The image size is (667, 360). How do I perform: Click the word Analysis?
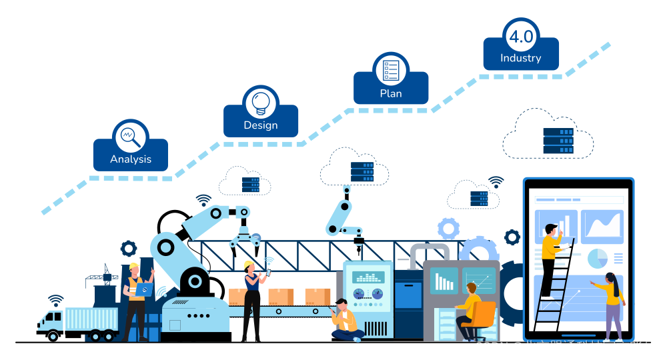click(130, 159)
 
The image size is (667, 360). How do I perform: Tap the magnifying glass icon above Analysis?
click(130, 137)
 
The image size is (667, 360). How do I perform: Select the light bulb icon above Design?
click(260, 103)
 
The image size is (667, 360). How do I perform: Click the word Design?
click(260, 125)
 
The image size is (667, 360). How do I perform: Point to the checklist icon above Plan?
click(391, 70)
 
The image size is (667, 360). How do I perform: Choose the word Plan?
click(391, 93)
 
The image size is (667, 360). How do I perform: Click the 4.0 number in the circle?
click(521, 37)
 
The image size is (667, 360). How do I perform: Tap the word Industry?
click(521, 58)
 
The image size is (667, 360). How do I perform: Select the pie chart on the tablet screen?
click(598, 258)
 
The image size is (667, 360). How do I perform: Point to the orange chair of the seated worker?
click(483, 313)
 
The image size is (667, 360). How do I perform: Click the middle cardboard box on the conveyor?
click(281, 297)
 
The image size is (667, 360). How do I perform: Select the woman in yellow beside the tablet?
click(612, 303)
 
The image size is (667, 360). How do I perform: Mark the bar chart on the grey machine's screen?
click(444, 281)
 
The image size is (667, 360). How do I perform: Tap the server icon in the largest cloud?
click(558, 141)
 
